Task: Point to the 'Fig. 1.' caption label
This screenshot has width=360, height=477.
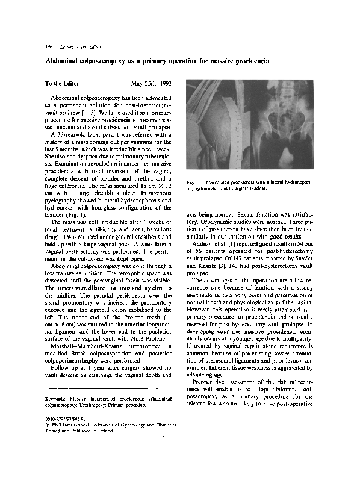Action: point(193,181)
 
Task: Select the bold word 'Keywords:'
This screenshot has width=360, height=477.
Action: point(56,399)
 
